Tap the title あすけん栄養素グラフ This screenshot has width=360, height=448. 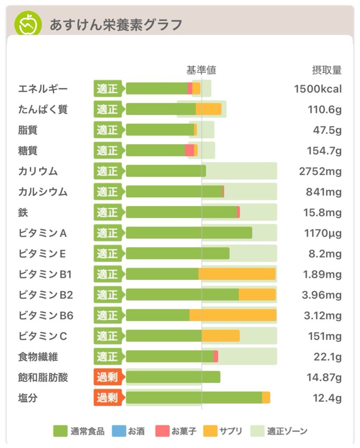pos(115,24)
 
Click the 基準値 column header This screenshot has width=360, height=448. pos(201,70)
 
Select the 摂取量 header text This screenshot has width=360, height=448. pos(326,70)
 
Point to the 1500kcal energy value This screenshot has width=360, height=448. pos(318,89)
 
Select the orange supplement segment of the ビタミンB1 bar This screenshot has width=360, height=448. pos(237,274)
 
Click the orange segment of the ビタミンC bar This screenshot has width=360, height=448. pos(220,336)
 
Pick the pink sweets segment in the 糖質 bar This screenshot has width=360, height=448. pos(189,150)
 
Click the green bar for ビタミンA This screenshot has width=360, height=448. pos(189,233)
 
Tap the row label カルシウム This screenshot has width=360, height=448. pos(43,192)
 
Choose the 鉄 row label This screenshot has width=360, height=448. pos(23,212)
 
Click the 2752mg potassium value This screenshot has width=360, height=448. pos(320,171)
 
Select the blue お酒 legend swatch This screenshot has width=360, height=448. pos(118,431)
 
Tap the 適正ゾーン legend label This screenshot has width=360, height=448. pos(287,431)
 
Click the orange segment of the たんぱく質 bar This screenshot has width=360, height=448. pos(208,109)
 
